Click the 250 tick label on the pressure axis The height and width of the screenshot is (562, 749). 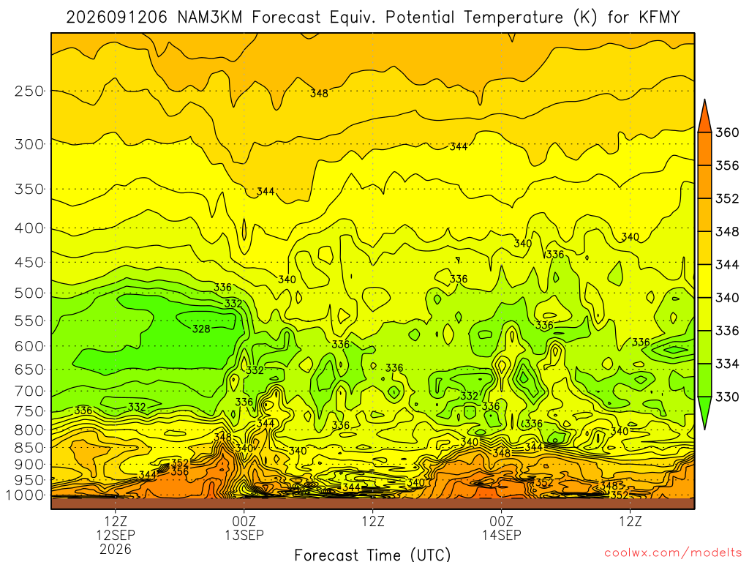click(29, 91)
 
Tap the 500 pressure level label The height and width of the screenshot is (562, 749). click(29, 293)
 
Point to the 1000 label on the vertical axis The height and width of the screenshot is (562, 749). click(25, 495)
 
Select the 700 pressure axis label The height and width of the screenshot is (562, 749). click(29, 391)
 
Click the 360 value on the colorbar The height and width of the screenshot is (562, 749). click(727, 132)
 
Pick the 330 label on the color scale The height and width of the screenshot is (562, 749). click(727, 397)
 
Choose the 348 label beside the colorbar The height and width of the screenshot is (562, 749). click(727, 232)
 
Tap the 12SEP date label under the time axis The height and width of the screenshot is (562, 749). click(116, 535)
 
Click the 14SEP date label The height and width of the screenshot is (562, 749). click(502, 535)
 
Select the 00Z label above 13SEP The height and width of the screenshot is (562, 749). click(244, 521)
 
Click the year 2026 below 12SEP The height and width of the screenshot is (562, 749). click(116, 549)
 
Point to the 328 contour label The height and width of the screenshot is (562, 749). click(201, 329)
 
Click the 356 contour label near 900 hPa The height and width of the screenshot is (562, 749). click(180, 471)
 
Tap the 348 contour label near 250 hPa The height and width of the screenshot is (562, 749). click(319, 93)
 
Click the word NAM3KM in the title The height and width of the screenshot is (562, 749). click(210, 18)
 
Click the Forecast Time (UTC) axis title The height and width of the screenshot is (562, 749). click(372, 555)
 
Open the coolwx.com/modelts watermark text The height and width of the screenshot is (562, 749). click(673, 553)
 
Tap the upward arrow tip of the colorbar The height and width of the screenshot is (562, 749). click(704, 100)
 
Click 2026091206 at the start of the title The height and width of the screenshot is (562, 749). click(116, 18)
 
